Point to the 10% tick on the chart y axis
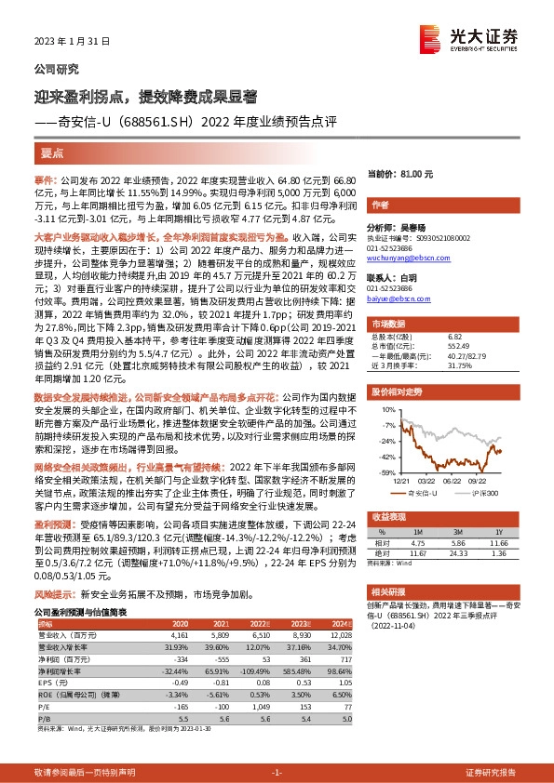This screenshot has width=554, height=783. pyautogui.click(x=386, y=409)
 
